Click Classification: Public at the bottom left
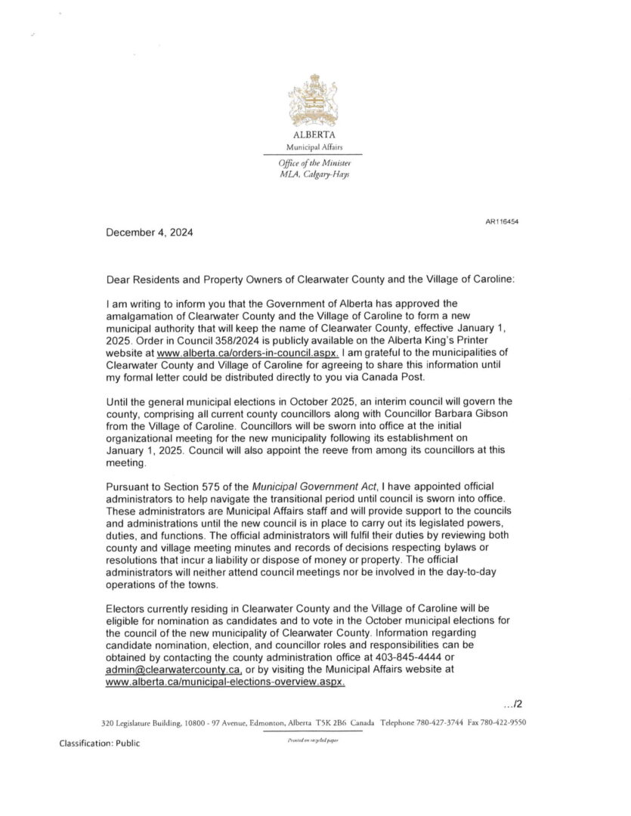coord(100,743)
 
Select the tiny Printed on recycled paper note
coord(312,741)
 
